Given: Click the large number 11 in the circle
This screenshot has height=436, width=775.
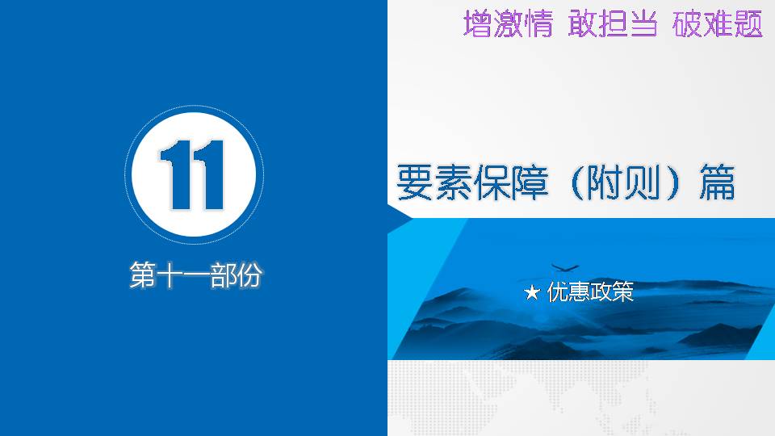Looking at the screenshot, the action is click(x=193, y=174).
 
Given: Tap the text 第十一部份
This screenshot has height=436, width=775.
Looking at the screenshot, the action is click(x=195, y=275).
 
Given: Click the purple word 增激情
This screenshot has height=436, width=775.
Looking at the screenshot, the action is click(x=508, y=23).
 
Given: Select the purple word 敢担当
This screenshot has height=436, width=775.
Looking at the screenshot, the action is click(x=613, y=23).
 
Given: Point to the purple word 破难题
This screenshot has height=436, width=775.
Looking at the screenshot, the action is click(x=718, y=23).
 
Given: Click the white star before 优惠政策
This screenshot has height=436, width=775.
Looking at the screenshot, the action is click(x=532, y=292).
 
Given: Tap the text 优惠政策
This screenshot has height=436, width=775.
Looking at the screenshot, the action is click(x=590, y=291).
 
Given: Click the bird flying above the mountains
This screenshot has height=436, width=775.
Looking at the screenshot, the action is click(x=564, y=267).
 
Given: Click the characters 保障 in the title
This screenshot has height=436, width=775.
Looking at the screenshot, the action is click(x=511, y=183).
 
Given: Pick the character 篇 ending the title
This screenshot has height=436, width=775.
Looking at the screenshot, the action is click(x=717, y=183).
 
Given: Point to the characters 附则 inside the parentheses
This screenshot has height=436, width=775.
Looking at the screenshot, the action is click(x=624, y=183).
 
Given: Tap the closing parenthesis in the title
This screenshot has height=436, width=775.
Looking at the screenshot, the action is click(x=673, y=183).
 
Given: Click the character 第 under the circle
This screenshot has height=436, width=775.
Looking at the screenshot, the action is click(x=143, y=275).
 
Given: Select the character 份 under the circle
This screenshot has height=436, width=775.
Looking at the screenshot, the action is click(x=249, y=275).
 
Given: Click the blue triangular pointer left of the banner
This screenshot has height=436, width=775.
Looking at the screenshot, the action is click(x=400, y=217).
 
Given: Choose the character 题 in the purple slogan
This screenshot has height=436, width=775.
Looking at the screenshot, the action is click(x=748, y=23).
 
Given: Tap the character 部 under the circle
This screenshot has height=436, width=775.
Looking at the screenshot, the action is click(x=223, y=275).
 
